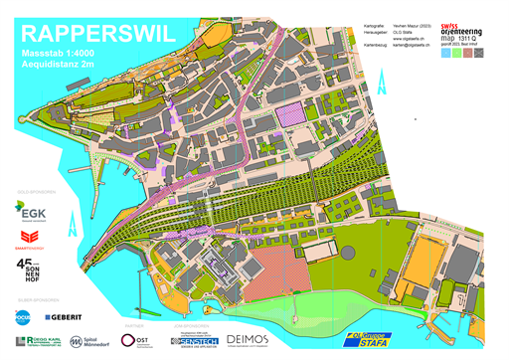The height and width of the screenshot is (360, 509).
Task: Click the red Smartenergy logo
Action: tap(29, 237)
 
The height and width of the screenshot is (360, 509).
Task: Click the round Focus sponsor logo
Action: tap(24, 316)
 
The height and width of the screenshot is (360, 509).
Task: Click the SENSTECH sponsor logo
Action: tap(195, 341)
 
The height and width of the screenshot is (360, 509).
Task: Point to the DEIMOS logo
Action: tap(248, 340)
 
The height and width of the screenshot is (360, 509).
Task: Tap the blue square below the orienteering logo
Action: tap(445, 54)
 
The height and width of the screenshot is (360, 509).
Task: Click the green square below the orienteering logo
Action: tap(459, 54)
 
